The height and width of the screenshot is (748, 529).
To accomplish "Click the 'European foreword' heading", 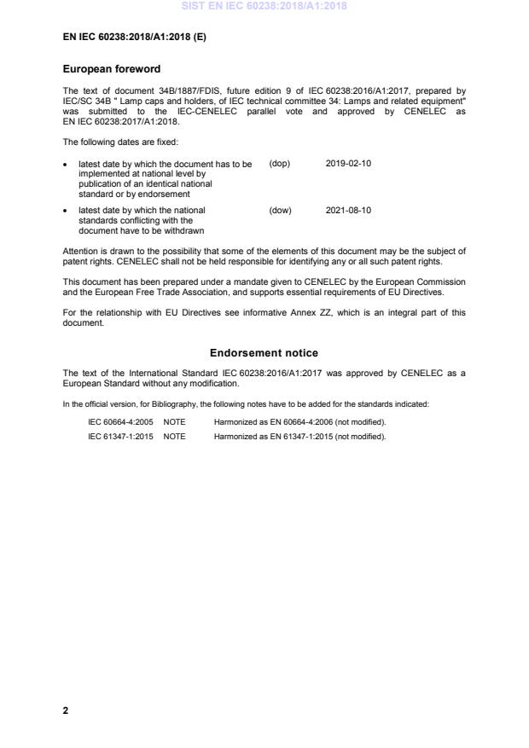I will (112, 69).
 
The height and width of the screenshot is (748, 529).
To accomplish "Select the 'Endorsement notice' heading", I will (264, 353).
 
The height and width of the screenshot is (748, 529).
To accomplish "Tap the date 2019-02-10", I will (347, 164).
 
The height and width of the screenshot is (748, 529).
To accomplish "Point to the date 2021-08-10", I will (348, 210).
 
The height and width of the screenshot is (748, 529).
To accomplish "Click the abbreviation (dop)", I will (279, 164).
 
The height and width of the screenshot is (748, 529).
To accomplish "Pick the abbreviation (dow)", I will (280, 210).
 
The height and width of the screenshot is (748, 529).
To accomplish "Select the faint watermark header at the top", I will (264, 7).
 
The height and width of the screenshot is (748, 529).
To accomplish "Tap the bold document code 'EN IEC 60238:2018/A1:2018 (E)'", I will (135, 38).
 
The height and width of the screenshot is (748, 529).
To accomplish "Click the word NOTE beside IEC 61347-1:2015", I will (174, 437).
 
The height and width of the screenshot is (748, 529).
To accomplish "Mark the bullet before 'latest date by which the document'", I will (67, 164).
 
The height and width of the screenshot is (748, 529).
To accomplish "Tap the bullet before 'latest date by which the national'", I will (67, 210).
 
